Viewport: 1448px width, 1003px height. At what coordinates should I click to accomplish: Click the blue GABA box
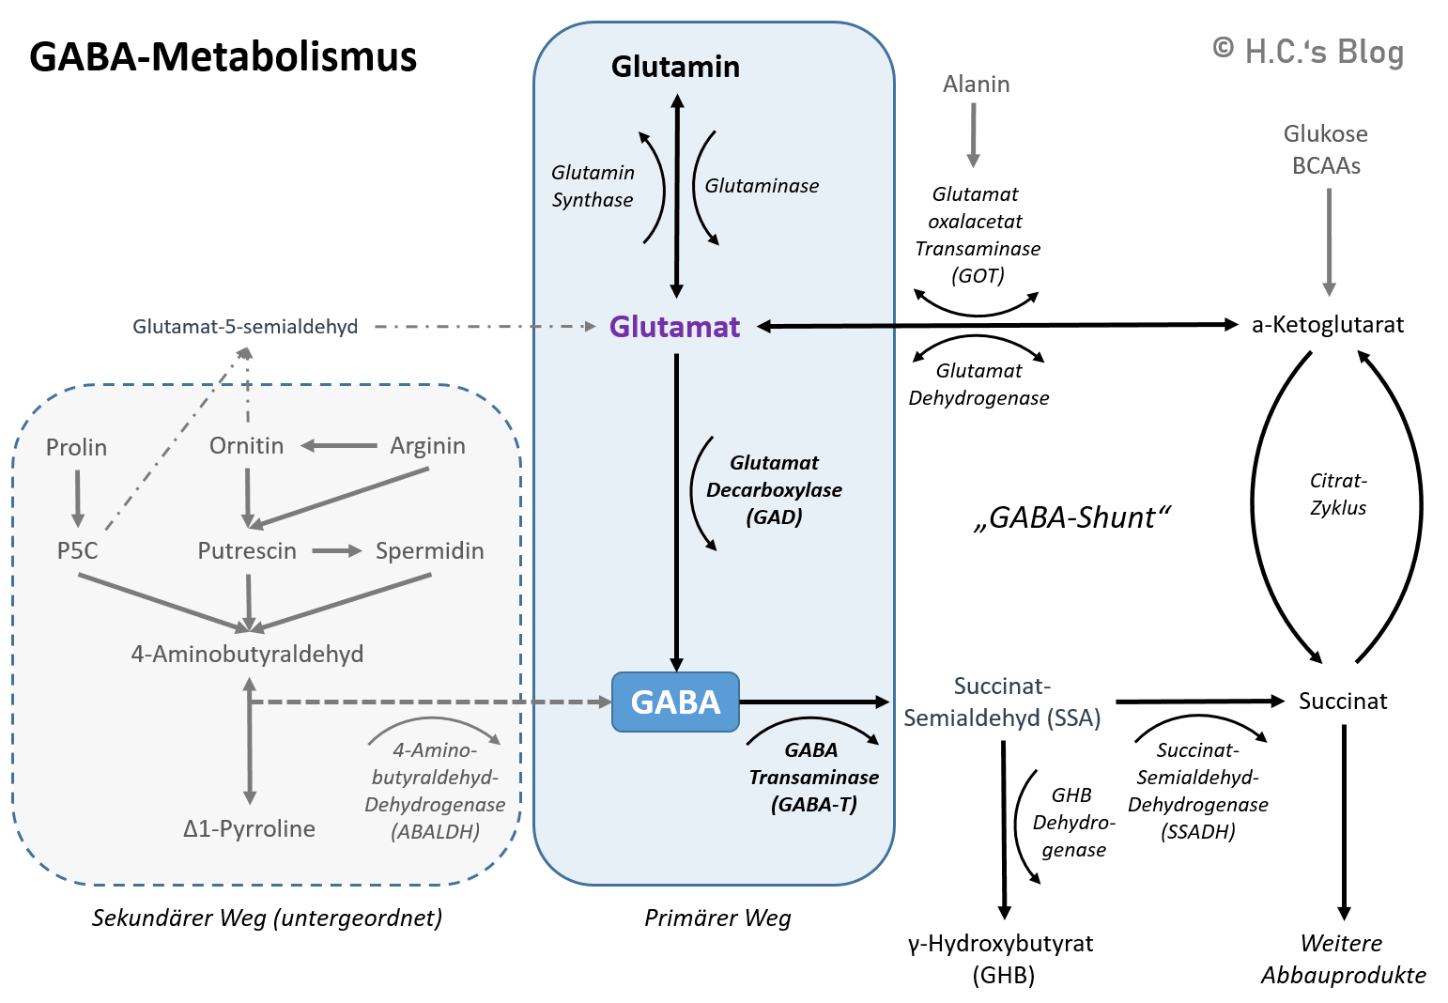coord(675,702)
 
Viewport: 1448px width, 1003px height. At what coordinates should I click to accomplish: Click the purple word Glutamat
coord(674,327)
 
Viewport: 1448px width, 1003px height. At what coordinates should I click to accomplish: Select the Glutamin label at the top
coord(675,67)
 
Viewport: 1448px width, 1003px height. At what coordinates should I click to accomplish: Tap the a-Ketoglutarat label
coord(1328,325)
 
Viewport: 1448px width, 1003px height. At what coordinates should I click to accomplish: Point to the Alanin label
coord(976,85)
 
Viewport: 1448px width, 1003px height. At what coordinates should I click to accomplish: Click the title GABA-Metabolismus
coord(223,56)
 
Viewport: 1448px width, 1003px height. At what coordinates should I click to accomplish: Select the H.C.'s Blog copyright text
coord(1308,52)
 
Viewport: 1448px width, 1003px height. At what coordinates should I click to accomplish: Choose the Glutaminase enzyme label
coord(762,186)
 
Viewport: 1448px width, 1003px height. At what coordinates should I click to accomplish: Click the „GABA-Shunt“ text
coord(1071,517)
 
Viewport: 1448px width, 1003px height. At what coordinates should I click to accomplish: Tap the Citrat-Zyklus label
coord(1338,494)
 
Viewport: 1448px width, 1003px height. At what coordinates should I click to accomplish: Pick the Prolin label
coord(76,447)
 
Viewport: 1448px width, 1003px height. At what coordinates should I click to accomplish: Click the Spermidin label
coord(429,551)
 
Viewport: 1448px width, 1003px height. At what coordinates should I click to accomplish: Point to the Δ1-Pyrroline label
coord(249,828)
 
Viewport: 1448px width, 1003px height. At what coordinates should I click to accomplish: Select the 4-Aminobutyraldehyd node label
coord(247,654)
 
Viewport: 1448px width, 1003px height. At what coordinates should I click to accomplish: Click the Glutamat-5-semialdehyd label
coord(245,327)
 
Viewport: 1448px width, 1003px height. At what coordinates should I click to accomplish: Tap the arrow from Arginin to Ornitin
coord(338,445)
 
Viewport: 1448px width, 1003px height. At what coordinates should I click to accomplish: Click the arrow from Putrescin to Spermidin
coord(336,551)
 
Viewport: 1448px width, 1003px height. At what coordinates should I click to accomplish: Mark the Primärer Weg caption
coord(717,918)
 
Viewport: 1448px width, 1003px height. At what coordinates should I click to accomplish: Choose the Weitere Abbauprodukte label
coord(1343,959)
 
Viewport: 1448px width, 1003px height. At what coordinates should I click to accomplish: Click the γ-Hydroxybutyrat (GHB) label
coord(1001,959)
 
